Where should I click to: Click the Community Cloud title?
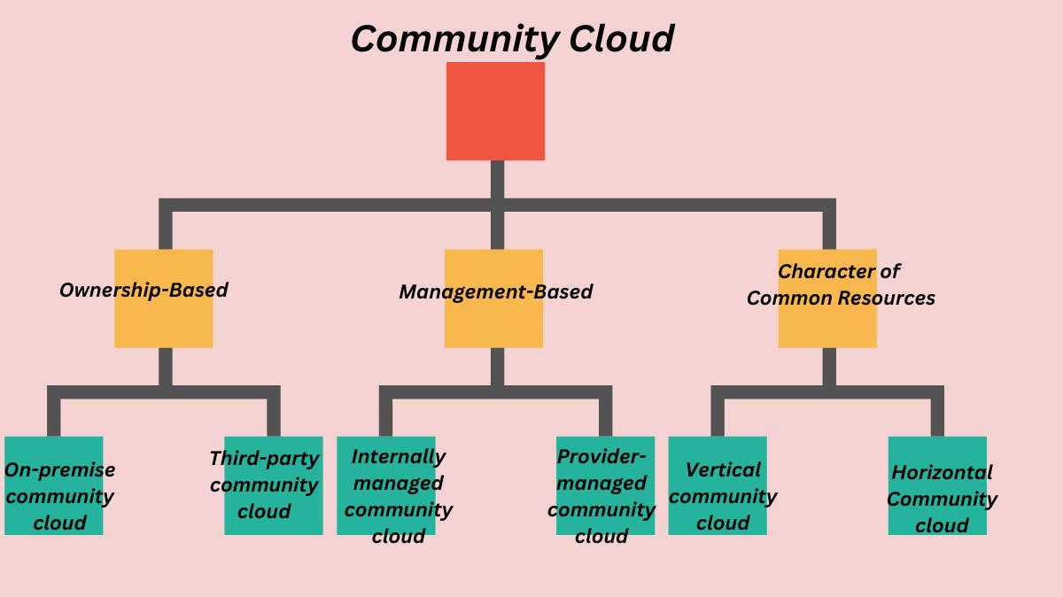(x=512, y=39)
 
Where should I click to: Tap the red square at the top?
(x=495, y=111)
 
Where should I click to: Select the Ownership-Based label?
(x=144, y=291)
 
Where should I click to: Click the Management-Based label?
(x=495, y=292)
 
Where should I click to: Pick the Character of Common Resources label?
(x=840, y=285)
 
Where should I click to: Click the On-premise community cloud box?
(x=54, y=485)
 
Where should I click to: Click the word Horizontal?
(x=942, y=472)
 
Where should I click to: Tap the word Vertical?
(x=723, y=469)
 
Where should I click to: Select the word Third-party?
(x=264, y=459)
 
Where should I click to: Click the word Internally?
(x=398, y=457)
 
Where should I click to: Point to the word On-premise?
(x=59, y=469)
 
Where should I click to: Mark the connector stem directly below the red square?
(x=497, y=179)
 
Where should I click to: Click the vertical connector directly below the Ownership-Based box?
(x=165, y=366)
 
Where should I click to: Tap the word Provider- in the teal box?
(x=601, y=457)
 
